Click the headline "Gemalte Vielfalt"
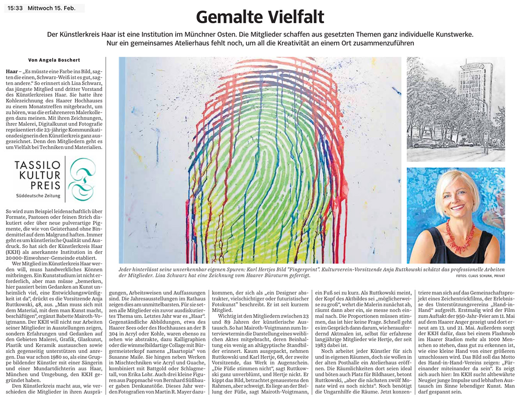260,17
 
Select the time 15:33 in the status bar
16,8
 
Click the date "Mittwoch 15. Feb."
51,8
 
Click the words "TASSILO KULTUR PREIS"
37,176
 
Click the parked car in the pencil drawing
425,143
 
